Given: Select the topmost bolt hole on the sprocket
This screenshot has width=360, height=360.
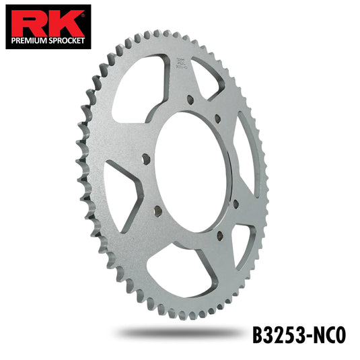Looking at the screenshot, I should point(190,99).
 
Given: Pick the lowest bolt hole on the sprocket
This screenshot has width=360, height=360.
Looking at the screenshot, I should point(219,235).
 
